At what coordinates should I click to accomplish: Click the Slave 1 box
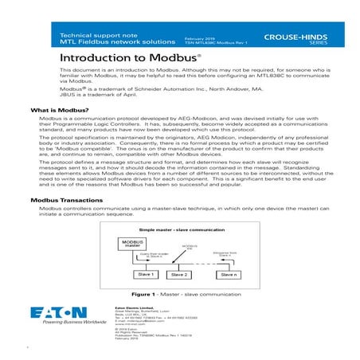coord(146,274)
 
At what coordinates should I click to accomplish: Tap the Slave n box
coord(229,274)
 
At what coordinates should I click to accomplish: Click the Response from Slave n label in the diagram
coord(226,252)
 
